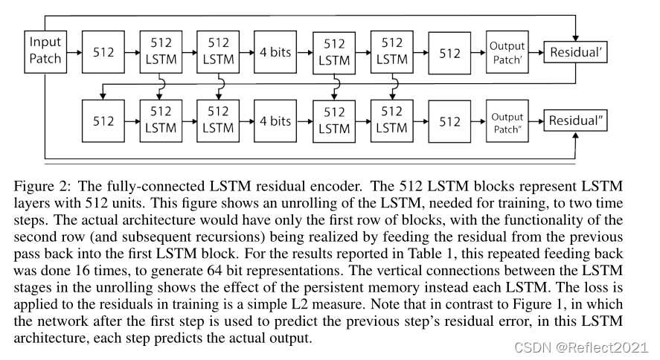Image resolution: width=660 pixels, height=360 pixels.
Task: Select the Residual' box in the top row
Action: [574, 53]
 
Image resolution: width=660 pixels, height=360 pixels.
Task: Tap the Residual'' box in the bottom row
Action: [574, 120]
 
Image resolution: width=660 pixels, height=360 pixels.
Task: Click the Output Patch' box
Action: [507, 52]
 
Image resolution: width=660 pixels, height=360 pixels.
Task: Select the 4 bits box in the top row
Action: [275, 52]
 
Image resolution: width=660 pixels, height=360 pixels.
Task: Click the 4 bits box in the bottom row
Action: [275, 120]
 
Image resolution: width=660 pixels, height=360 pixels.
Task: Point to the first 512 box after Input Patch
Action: [103, 52]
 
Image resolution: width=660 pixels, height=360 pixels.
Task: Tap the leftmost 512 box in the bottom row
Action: [103, 120]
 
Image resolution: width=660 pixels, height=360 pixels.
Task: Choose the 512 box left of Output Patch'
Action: [450, 53]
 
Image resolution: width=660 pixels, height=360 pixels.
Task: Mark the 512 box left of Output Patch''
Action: [450, 121]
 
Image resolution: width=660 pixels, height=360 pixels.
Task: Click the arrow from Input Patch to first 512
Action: [72, 52]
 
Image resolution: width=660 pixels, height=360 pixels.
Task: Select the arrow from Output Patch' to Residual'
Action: [536, 53]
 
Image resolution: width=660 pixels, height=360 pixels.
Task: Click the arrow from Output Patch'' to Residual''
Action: [536, 120]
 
